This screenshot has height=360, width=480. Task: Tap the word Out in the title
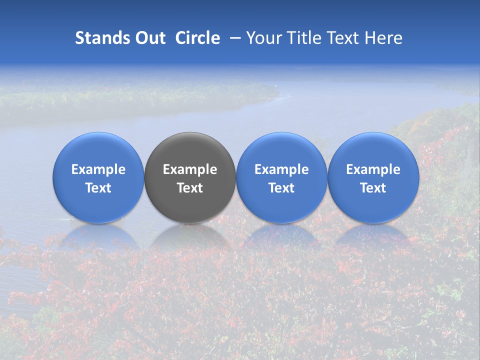[x=149, y=38]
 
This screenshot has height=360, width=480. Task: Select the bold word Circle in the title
[x=197, y=38]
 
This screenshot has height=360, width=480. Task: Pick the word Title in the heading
[x=303, y=38]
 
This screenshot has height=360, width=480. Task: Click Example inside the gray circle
[x=190, y=169]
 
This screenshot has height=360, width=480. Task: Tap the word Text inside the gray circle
[x=190, y=188]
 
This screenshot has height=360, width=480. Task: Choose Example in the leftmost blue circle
[x=98, y=169]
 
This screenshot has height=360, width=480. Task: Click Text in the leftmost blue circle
[x=98, y=188]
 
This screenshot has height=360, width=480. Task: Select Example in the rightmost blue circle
[x=373, y=169]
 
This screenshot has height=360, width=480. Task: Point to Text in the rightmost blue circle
[x=373, y=188]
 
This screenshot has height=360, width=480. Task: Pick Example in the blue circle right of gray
[x=281, y=169]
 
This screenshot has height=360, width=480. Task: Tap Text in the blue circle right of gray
[x=281, y=188]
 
